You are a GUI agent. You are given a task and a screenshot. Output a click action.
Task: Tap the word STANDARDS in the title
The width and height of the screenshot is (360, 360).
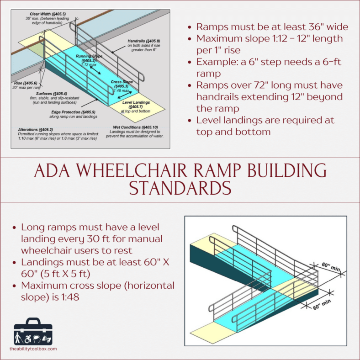click(x=180, y=188)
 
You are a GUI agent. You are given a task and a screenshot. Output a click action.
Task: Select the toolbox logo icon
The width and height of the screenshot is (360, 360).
click(x=33, y=331)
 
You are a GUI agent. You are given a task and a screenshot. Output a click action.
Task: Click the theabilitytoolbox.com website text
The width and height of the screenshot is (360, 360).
click(x=33, y=349)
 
